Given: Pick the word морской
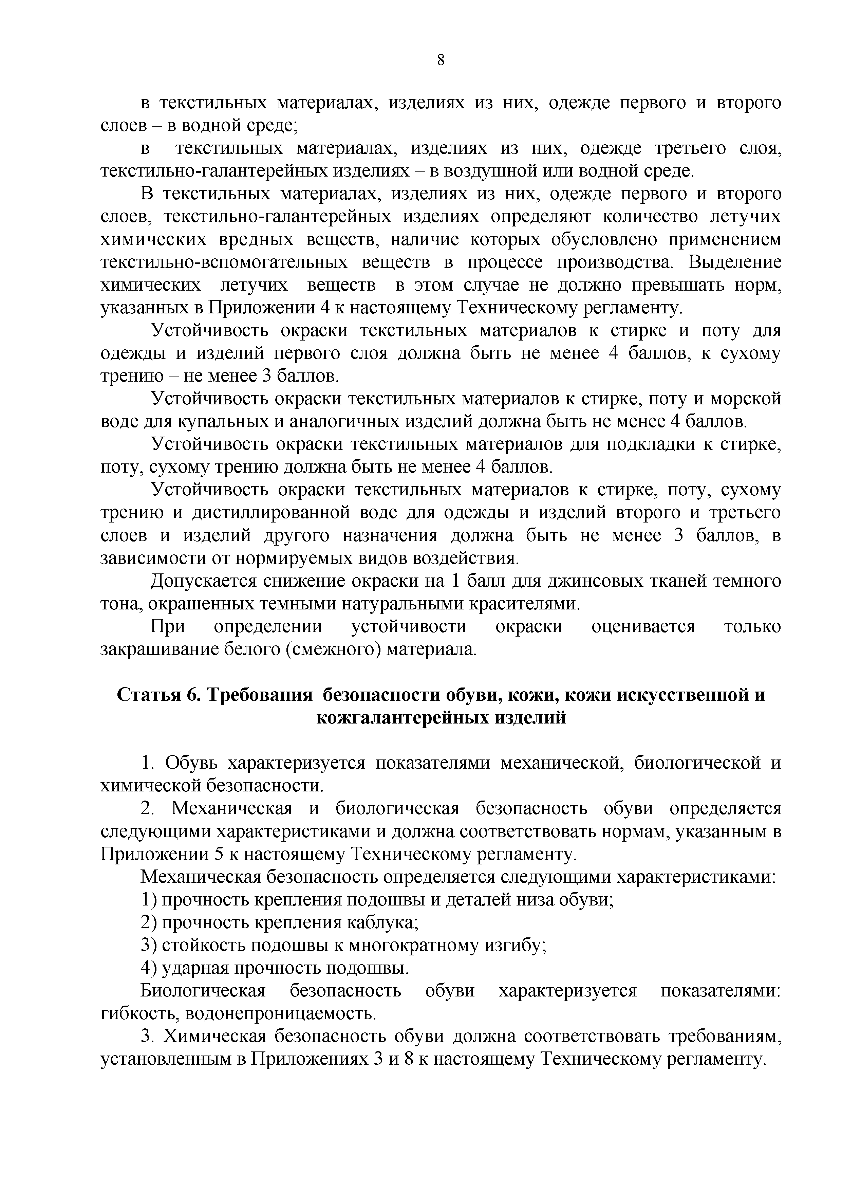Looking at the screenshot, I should pyautogui.click(x=745, y=399).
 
